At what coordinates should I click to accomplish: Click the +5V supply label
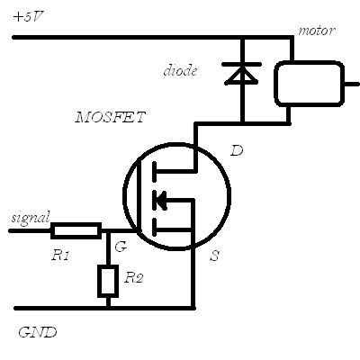pyautogui.click(x=29, y=17)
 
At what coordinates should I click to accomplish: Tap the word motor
pyautogui.click(x=316, y=31)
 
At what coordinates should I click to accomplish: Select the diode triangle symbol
pyautogui.click(x=241, y=76)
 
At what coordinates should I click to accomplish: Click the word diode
pyautogui.click(x=180, y=71)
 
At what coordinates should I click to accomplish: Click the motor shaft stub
pyautogui.click(x=352, y=84)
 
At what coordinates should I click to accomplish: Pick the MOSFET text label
pyautogui.click(x=111, y=117)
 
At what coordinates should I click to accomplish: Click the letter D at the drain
pyautogui.click(x=237, y=150)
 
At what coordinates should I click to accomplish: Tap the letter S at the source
pyautogui.click(x=215, y=256)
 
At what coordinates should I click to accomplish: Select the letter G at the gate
pyautogui.click(x=121, y=247)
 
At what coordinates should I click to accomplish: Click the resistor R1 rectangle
pyautogui.click(x=76, y=230)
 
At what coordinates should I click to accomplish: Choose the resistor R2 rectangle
pyautogui.click(x=108, y=281)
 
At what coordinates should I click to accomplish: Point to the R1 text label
pyautogui.click(x=60, y=256)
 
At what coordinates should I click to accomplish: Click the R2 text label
pyautogui.click(x=134, y=278)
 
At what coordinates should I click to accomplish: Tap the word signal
pyautogui.click(x=31, y=218)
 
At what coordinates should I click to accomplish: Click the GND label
pyautogui.click(x=38, y=332)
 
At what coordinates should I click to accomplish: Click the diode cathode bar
pyautogui.click(x=241, y=64)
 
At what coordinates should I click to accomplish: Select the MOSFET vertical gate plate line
pyautogui.click(x=139, y=196)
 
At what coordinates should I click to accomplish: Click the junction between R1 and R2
pyautogui.click(x=108, y=230)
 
